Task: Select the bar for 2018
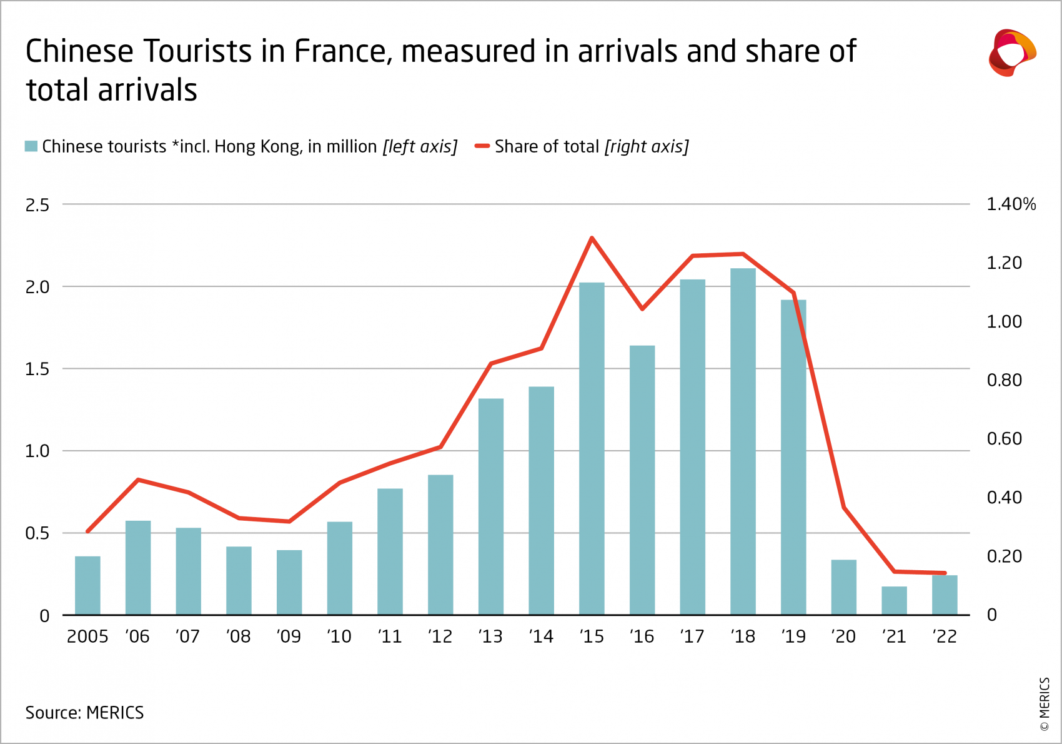tap(743, 441)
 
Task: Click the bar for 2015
tap(592, 449)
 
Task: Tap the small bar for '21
tap(894, 601)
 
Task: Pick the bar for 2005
tap(87, 585)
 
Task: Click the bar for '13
tap(490, 506)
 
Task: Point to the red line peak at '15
tap(592, 238)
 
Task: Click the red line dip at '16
tap(642, 308)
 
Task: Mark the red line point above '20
tap(844, 507)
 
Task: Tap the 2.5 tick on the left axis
tap(37, 205)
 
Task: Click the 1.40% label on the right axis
tap(1010, 204)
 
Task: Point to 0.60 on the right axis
tap(1004, 439)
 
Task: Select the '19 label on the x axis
tap(793, 636)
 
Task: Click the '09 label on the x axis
tap(289, 636)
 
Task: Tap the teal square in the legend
tap(31, 146)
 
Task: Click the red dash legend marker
tap(482, 146)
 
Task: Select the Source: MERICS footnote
tap(84, 713)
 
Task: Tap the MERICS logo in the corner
tap(1012, 53)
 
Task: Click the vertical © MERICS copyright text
tap(1045, 704)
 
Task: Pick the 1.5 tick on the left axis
tap(37, 369)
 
